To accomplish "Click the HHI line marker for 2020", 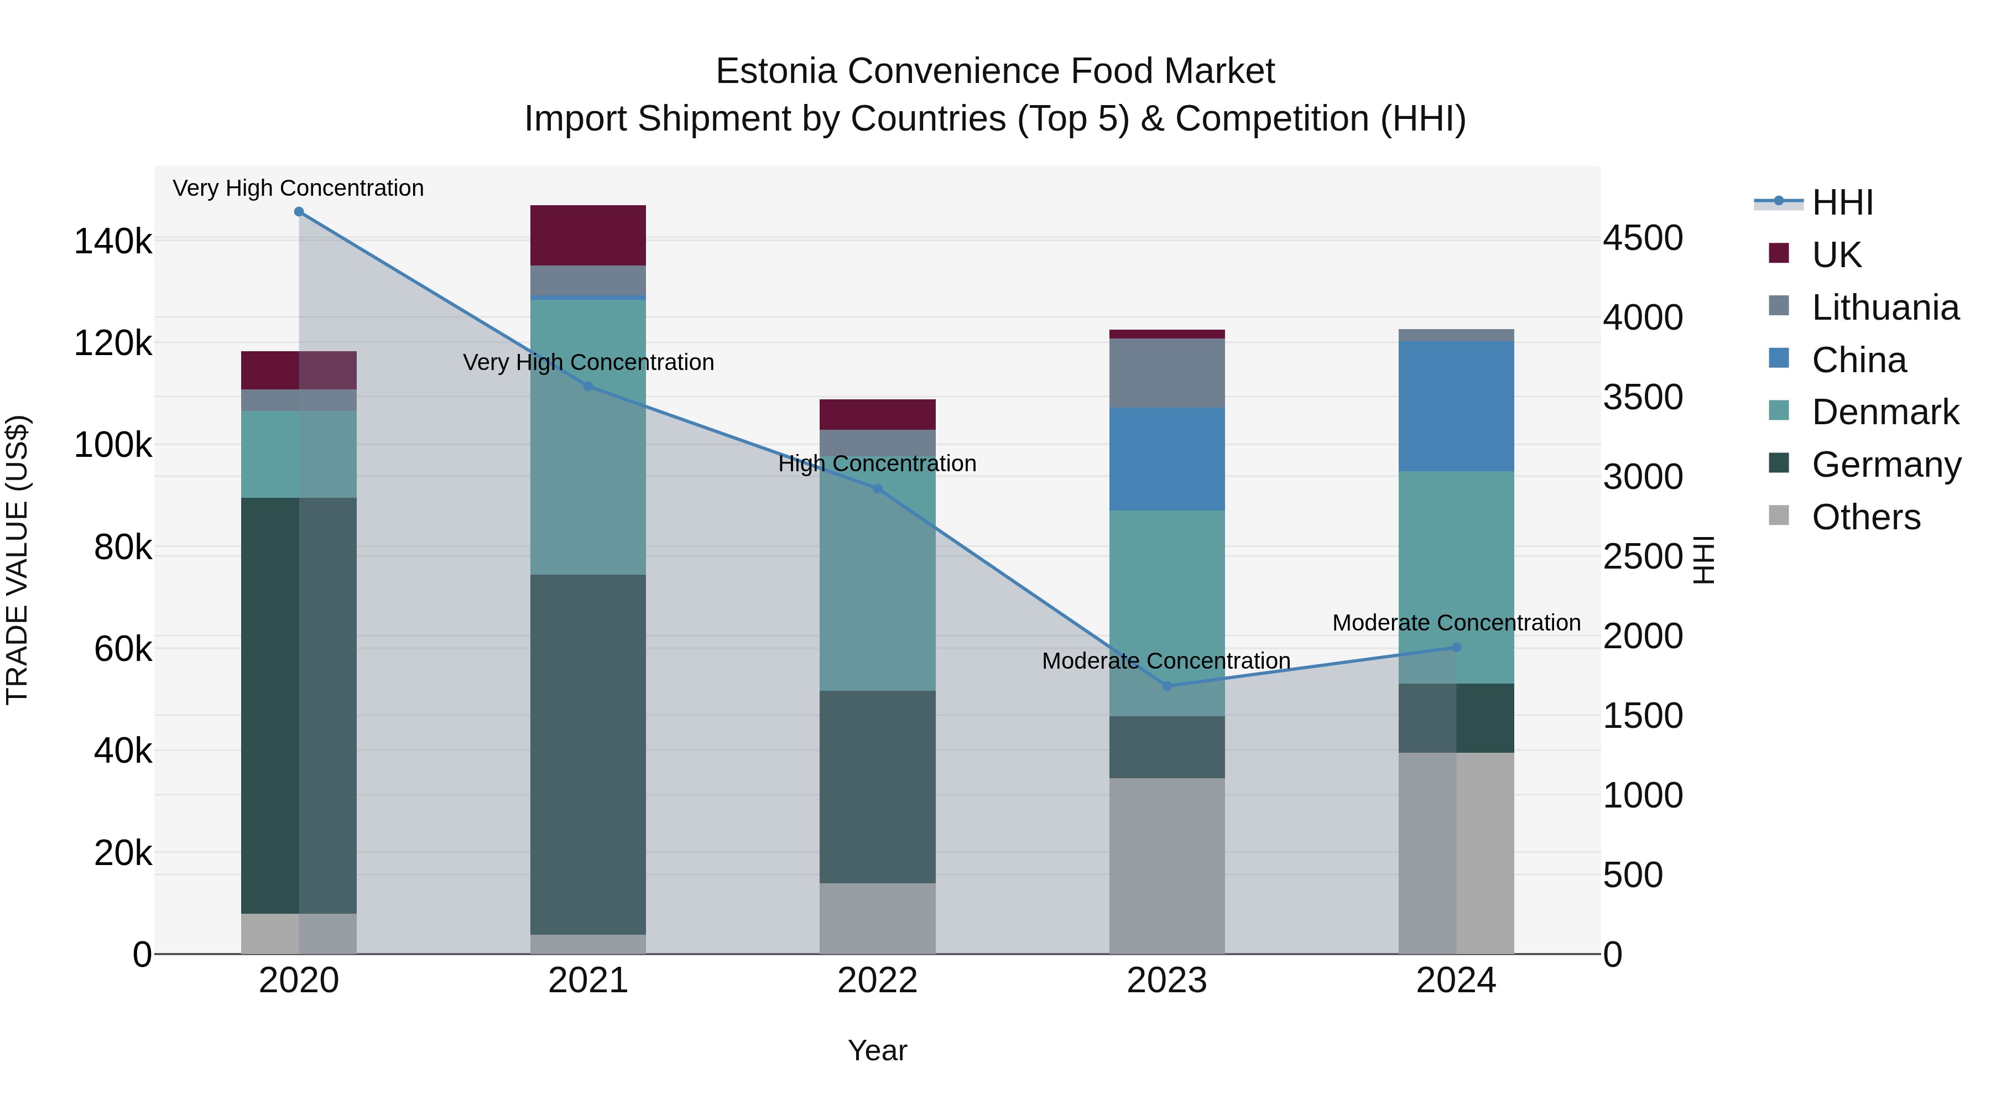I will [x=299, y=212].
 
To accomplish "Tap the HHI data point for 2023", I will [x=1167, y=686].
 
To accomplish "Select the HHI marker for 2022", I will [x=877, y=488].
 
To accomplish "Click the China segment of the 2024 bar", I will [x=1456, y=406].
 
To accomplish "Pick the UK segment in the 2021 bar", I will [x=588, y=235].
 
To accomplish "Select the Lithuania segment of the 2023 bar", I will [x=1167, y=373].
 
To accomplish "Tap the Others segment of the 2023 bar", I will [x=1167, y=866].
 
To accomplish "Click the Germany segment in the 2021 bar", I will [x=588, y=754].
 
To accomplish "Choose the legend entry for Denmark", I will [x=1884, y=412].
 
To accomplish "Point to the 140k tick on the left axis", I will [x=113, y=242].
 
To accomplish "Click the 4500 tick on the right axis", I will [x=1643, y=238].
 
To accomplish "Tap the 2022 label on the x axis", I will [x=877, y=981].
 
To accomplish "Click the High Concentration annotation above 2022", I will [x=877, y=464].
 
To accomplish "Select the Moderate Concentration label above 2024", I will [x=1456, y=623].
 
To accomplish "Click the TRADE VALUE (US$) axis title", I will [x=17, y=560].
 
